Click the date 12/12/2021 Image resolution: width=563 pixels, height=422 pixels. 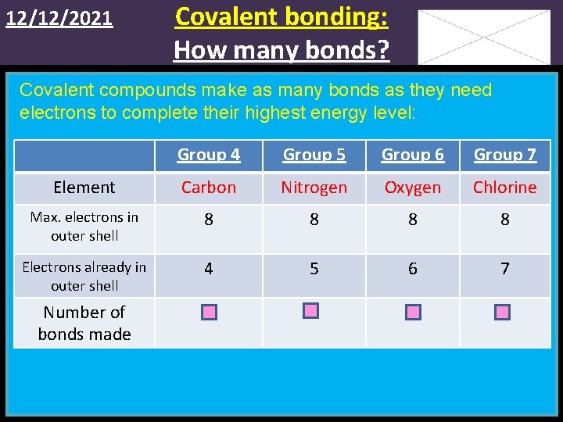point(59,19)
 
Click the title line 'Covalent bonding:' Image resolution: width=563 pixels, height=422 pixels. point(281,16)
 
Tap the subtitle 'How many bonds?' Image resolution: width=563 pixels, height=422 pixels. point(281,49)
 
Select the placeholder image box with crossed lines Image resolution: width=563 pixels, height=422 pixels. point(484,37)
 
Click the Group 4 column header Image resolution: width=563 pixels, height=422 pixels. point(208,155)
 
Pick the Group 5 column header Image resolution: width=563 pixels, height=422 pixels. point(314,155)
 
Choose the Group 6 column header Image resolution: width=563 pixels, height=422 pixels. point(412,155)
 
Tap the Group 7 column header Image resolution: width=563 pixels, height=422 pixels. point(504,155)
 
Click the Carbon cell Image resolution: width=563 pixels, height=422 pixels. point(208,188)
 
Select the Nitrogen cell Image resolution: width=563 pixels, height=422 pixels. point(314,188)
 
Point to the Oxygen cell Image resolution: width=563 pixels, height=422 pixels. point(412,188)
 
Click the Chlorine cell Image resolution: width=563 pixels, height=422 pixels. point(504,188)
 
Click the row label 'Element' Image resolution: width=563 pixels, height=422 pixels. point(84,188)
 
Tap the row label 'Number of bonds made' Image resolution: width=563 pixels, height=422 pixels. point(84,324)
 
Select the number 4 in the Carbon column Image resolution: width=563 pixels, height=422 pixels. point(208,269)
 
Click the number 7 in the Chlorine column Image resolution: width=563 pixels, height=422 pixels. point(504,269)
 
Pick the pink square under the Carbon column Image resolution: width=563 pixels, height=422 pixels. point(209,313)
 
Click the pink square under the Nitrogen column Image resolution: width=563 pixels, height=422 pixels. point(311,311)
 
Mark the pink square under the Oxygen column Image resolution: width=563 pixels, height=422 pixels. point(414,313)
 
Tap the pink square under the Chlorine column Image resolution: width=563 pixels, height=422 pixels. point(503,313)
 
